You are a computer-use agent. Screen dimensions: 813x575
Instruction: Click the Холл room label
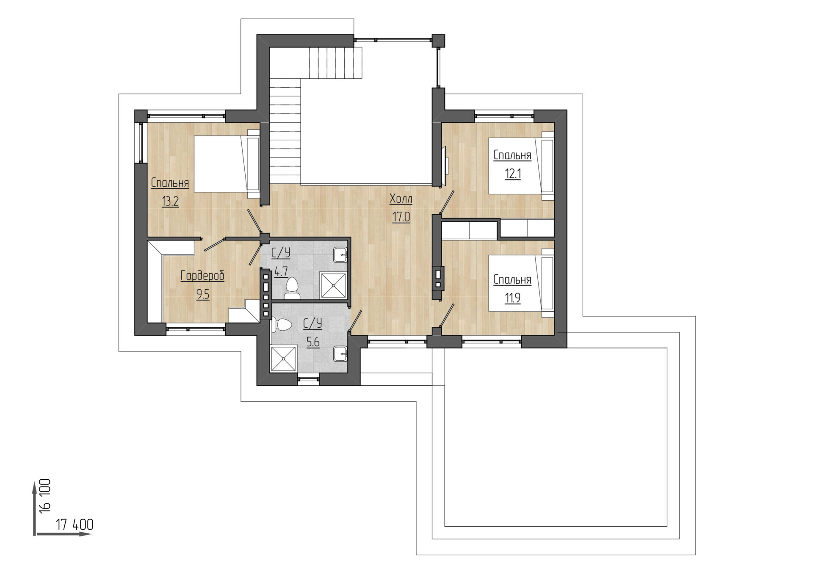point(401,199)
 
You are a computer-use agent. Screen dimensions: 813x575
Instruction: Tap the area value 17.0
point(401,217)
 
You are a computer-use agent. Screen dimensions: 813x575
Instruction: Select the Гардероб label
point(202,276)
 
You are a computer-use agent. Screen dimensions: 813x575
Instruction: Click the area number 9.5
point(203,294)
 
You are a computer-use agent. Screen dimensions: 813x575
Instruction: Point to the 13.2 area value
point(170,201)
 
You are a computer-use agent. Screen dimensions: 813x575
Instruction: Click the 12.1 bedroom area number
point(512,174)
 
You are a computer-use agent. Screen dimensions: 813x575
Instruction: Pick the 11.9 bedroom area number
point(512,298)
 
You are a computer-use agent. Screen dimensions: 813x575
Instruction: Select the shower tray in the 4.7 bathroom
point(333,285)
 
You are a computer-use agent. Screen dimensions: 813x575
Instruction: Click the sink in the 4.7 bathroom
point(340,255)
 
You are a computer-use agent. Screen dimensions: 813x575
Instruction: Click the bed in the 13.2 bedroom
point(227,164)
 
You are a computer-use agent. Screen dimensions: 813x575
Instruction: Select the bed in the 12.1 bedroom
point(521,166)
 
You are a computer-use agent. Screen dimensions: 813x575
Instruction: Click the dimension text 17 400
point(75,525)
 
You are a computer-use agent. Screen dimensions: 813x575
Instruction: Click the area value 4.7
point(281,271)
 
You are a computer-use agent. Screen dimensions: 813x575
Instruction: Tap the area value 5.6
point(313,342)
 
